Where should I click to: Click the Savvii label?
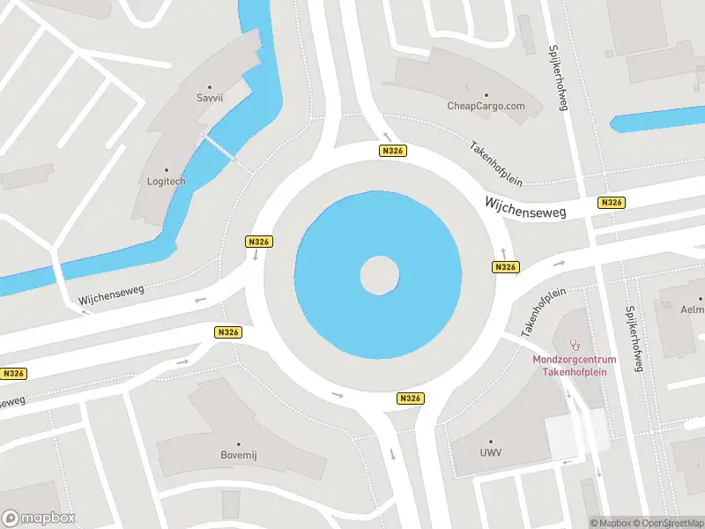pyautogui.click(x=210, y=98)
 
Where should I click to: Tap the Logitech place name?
pyautogui.click(x=167, y=181)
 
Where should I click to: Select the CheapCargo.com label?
pyautogui.click(x=486, y=106)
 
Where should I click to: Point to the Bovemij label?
pyautogui.click(x=237, y=455)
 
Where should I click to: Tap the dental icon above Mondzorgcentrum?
pyautogui.click(x=577, y=340)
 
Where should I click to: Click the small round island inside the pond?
pyautogui.click(x=379, y=276)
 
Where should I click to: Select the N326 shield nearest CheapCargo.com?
pyautogui.click(x=393, y=151)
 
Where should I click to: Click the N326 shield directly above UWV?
pyautogui.click(x=410, y=399)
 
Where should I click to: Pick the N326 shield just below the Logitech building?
pyautogui.click(x=258, y=242)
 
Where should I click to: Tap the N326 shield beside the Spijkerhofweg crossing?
pyautogui.click(x=611, y=203)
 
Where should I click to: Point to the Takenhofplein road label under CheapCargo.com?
pyautogui.click(x=496, y=162)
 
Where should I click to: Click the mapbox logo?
pyautogui.click(x=39, y=518)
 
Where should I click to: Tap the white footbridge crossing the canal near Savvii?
pyautogui.click(x=220, y=146)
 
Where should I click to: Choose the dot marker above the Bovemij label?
pyautogui.click(x=237, y=443)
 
